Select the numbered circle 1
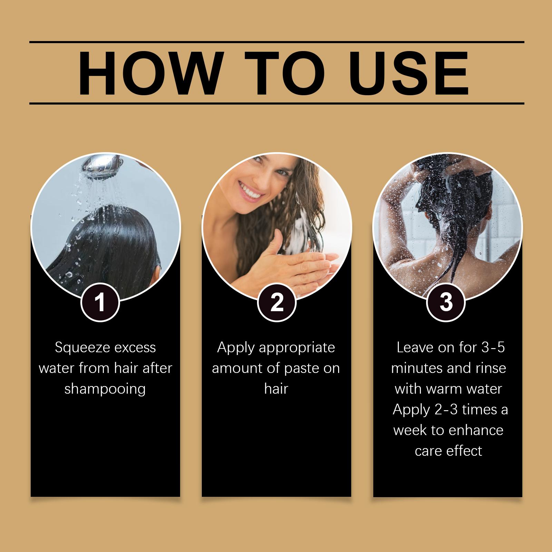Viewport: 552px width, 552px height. tap(100, 303)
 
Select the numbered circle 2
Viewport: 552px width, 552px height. tap(277, 303)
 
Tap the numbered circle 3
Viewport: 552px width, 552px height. tap(446, 303)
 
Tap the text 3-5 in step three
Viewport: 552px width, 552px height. tap(493, 347)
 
